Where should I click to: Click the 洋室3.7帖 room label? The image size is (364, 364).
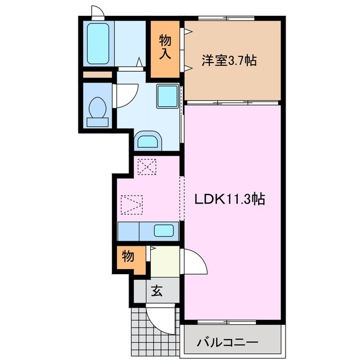point(229,60)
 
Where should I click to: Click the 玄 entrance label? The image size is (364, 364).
point(156,292)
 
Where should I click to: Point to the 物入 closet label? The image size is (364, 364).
point(166,48)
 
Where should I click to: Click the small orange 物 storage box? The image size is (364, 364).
point(129,257)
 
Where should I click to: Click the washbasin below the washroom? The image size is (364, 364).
point(149,140)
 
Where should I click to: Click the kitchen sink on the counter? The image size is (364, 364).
point(164,231)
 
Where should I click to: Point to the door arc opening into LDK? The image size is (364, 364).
point(195,263)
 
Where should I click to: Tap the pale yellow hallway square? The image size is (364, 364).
point(165,262)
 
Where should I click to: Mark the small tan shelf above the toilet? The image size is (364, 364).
point(98,75)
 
